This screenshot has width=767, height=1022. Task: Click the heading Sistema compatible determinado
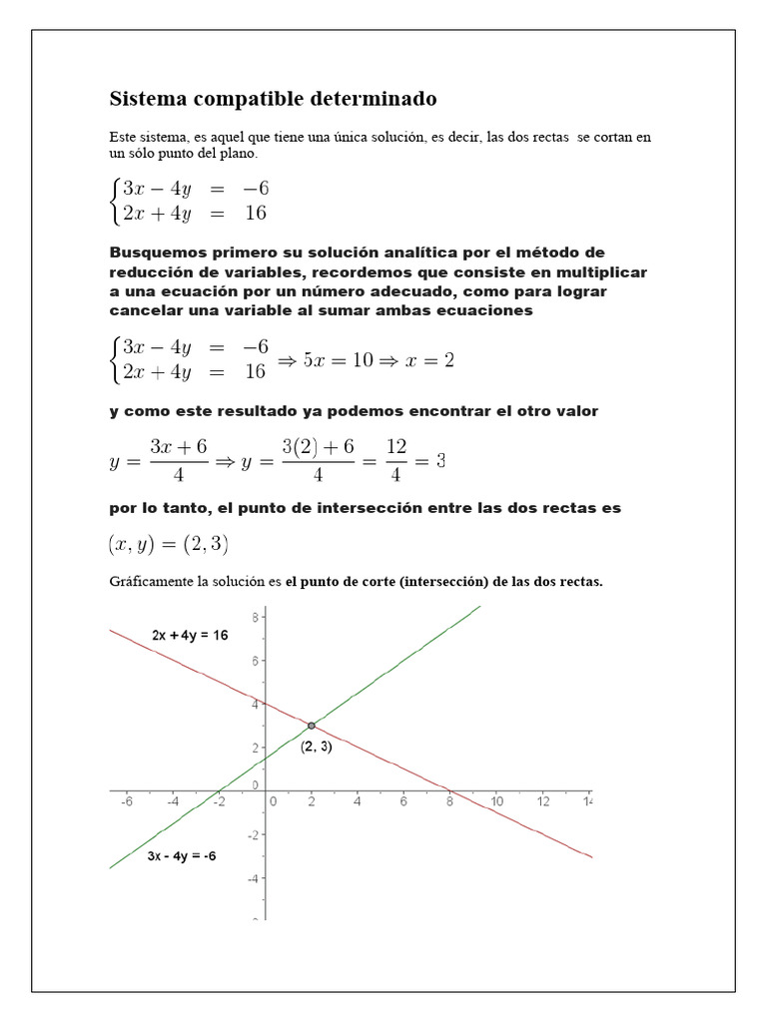(x=273, y=99)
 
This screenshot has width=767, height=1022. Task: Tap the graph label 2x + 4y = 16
(x=190, y=635)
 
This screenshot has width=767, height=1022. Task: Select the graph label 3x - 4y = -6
(x=182, y=856)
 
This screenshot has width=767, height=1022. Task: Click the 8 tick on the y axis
(x=256, y=617)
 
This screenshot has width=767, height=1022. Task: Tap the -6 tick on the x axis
(x=127, y=801)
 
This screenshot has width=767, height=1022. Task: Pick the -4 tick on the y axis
(x=254, y=878)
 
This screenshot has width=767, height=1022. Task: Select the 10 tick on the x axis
(x=496, y=801)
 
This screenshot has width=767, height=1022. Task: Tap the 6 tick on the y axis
(x=256, y=660)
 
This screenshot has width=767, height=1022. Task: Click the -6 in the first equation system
(x=255, y=189)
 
